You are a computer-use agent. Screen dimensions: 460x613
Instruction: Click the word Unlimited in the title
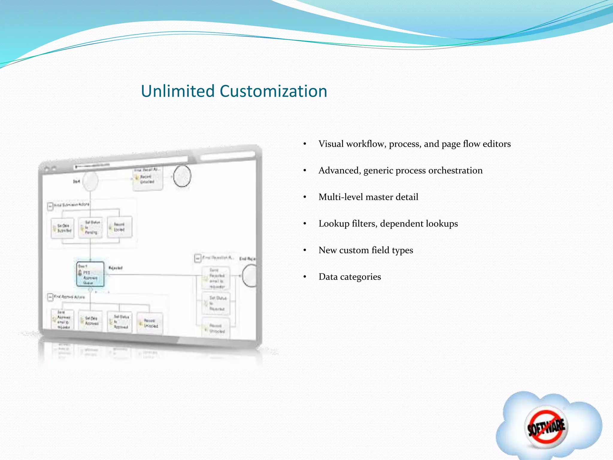(x=178, y=91)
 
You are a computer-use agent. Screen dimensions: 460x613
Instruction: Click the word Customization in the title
(x=273, y=91)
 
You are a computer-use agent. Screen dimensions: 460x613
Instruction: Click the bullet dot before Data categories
(x=305, y=277)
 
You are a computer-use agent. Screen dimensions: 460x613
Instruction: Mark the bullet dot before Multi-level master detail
(x=305, y=197)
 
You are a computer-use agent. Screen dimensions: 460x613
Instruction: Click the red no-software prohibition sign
(x=546, y=426)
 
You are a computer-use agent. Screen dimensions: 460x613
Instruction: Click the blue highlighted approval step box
(x=90, y=274)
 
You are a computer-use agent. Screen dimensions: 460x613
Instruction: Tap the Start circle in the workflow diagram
(x=90, y=181)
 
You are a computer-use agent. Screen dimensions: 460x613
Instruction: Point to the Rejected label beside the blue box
(x=116, y=268)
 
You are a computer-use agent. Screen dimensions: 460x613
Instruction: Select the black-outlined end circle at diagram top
(x=182, y=176)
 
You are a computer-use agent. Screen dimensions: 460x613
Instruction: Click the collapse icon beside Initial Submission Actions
(x=50, y=206)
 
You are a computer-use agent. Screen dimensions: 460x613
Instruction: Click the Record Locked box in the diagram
(x=119, y=227)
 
